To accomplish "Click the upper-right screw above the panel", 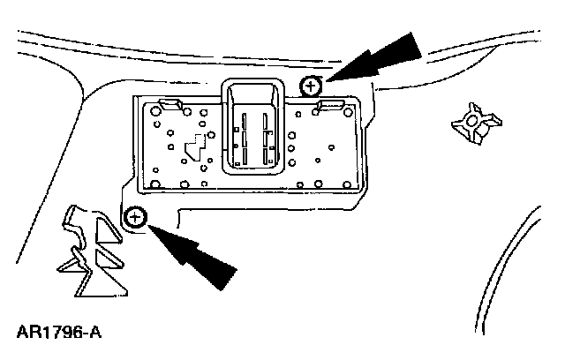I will point(311,86).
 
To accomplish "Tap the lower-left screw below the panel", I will point(135,217).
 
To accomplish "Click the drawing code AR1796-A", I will point(58,334).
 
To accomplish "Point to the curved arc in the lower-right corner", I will point(530,256).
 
